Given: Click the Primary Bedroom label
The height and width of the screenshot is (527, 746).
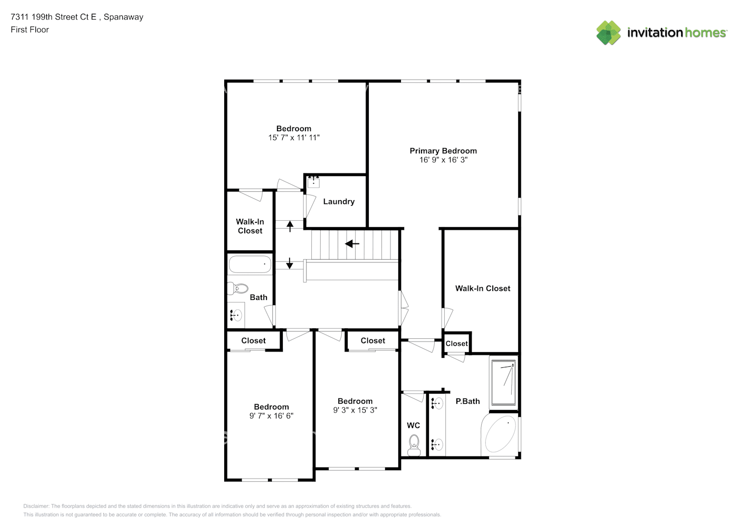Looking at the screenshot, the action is pos(443,151).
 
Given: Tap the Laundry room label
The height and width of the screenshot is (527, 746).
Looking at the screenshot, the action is pos(339,202).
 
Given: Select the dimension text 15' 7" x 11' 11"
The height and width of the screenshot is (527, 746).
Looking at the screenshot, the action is pos(294,138).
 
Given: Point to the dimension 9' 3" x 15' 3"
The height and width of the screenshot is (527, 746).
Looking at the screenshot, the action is pos(355,410).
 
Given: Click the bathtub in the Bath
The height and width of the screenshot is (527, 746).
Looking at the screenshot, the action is pos(250,264).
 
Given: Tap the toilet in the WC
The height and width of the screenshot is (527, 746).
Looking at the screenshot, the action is pos(414,445).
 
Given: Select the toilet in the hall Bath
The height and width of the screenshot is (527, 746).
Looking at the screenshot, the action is pos(238,288).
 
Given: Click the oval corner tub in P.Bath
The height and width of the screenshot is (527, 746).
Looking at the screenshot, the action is pos(501,434).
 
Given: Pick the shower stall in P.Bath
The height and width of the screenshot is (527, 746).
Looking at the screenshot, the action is pos(503,383).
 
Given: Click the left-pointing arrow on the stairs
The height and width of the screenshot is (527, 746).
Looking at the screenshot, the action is pos(352,244).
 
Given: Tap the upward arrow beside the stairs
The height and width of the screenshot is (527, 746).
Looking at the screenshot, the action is pos(290,226).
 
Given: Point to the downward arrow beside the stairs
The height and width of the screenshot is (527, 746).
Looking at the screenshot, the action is pos(290,263).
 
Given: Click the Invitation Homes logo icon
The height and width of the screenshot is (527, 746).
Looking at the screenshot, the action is pos(608,33).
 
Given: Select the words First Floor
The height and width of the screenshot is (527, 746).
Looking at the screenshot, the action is pos(30,30).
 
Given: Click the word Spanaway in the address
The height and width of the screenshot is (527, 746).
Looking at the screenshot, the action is pos(123,17).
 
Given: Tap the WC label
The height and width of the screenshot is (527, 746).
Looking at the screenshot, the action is pos(413,425).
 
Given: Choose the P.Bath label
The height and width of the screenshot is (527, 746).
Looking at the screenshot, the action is pos(467,401).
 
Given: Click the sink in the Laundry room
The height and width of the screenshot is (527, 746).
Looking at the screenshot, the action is pos(313,182).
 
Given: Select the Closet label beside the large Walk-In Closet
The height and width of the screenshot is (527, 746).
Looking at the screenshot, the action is pos(456,344).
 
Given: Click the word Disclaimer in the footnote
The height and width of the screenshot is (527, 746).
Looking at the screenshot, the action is pos(36,506).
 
